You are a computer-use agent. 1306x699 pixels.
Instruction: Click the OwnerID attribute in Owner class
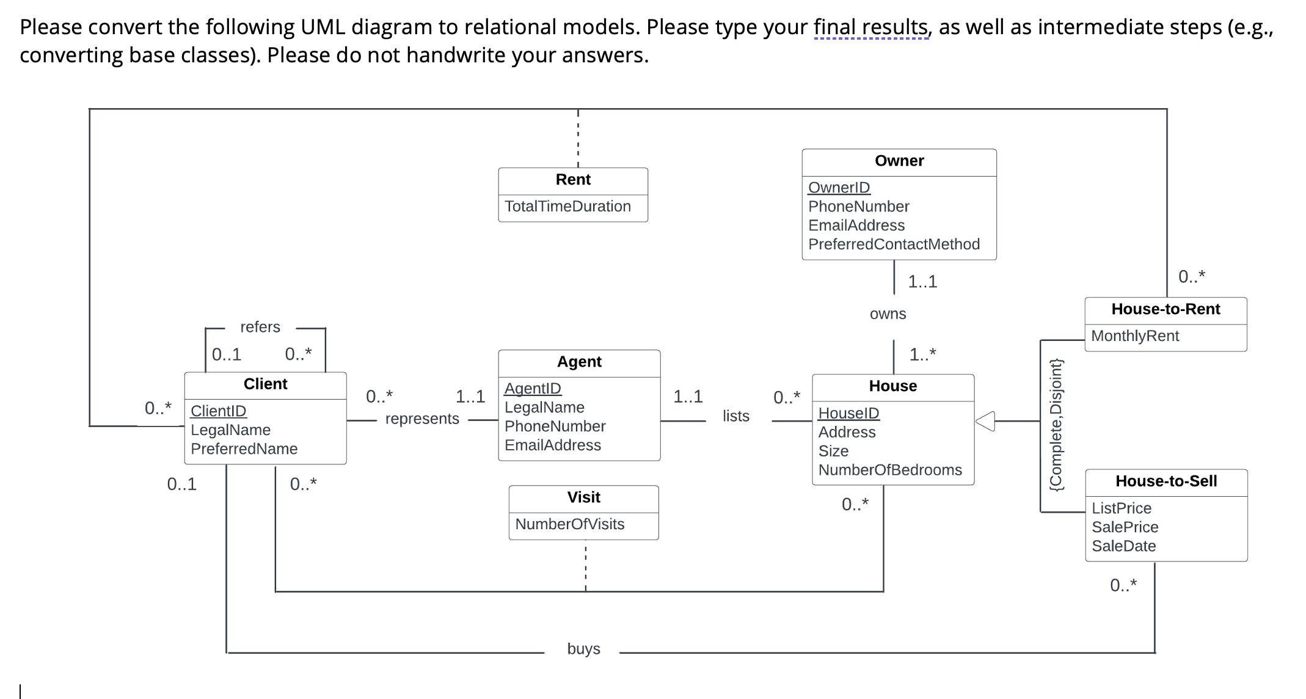pyautogui.click(x=839, y=188)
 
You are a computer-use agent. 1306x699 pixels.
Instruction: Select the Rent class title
pyautogui.click(x=572, y=180)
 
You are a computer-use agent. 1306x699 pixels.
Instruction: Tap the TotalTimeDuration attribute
pyautogui.click(x=567, y=207)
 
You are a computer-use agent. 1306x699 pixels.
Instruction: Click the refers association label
pyautogui.click(x=260, y=327)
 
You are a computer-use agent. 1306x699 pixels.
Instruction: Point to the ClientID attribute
pyautogui.click(x=218, y=411)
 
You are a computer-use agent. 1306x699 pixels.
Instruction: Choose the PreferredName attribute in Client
pyautogui.click(x=244, y=449)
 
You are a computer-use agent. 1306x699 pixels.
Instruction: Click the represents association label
pyautogui.click(x=422, y=419)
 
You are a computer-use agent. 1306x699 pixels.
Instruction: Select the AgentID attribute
pyautogui.click(x=532, y=389)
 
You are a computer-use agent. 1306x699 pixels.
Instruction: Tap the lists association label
pyautogui.click(x=735, y=416)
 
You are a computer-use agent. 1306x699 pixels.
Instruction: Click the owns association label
pyautogui.click(x=888, y=314)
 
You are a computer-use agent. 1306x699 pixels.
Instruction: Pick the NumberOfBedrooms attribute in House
pyautogui.click(x=889, y=470)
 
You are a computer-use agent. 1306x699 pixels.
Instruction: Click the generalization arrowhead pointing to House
pyautogui.click(x=985, y=421)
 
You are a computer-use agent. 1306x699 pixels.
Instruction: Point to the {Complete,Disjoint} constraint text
pyautogui.click(x=1056, y=425)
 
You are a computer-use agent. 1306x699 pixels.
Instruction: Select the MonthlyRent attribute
pyautogui.click(x=1134, y=336)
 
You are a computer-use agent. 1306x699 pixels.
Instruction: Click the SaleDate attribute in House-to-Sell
pyautogui.click(x=1123, y=546)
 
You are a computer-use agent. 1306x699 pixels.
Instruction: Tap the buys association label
pyautogui.click(x=583, y=649)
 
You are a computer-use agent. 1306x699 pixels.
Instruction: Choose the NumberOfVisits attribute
pyautogui.click(x=569, y=524)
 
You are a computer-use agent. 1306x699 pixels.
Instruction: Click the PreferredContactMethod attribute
pyautogui.click(x=894, y=244)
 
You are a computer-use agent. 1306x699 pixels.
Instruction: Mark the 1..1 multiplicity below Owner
pyautogui.click(x=922, y=282)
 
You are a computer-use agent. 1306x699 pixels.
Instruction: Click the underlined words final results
pyautogui.click(x=871, y=27)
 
